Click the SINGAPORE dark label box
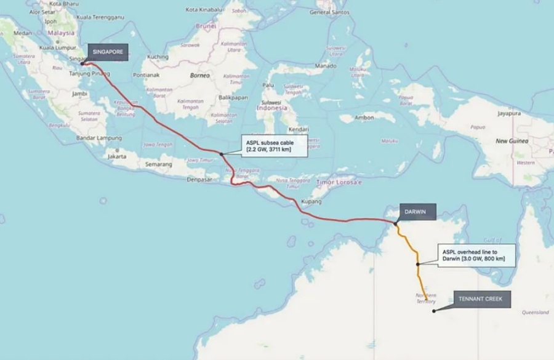pos(108,52)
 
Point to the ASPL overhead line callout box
pos(473,255)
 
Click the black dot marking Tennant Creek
pos(434,311)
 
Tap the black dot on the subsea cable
pos(221,153)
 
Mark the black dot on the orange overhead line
pos(418,264)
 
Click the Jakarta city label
pos(117,156)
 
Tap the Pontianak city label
pos(146,75)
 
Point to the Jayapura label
pos(509,113)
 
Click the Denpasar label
pos(199,180)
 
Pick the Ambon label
pos(365,118)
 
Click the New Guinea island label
pos(510,141)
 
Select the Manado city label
pos(325,65)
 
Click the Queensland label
pos(535,313)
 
